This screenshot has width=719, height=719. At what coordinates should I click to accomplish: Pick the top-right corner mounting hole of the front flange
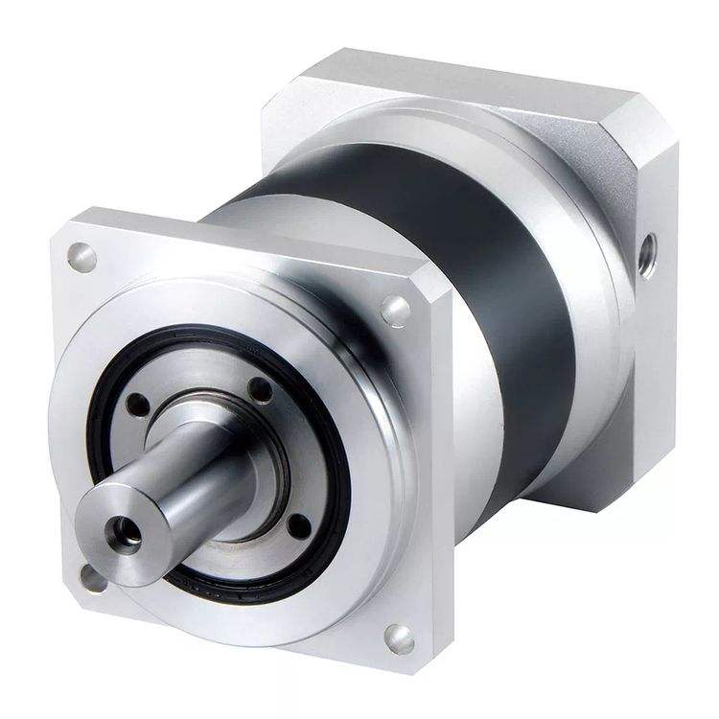pos(395,309)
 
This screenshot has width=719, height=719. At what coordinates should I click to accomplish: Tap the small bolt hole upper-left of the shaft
pos(138,406)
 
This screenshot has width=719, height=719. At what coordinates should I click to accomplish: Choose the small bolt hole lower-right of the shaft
pos(299,526)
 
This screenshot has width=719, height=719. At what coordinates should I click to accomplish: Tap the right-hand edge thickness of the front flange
pos(440,479)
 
